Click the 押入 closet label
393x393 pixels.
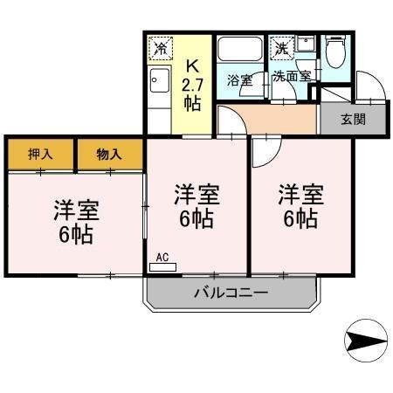[40, 154]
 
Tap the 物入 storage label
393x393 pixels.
[109, 154]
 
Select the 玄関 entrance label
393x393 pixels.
[353, 120]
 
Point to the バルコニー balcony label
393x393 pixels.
[231, 293]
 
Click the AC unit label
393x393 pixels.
[162, 257]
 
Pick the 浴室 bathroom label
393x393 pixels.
[239, 80]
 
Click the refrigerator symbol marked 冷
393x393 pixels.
[162, 47]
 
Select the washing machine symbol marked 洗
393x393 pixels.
[281, 48]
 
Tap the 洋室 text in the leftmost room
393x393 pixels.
[76, 210]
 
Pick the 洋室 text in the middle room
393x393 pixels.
[196, 193]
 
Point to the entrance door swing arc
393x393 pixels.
[367, 86]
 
